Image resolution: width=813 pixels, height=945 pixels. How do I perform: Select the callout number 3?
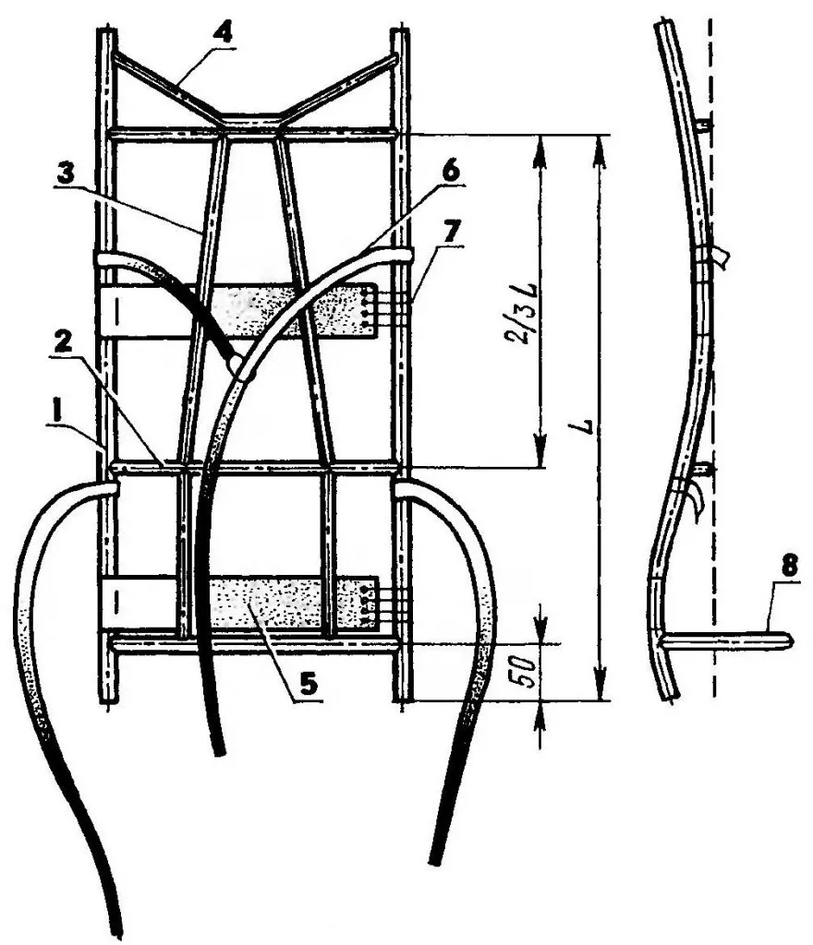[x=65, y=174]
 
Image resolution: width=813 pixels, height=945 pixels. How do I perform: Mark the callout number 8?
[x=788, y=568]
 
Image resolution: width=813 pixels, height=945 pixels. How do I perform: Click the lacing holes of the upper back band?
[x=368, y=308]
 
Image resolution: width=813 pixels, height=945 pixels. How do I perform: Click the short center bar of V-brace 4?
[x=249, y=115]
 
